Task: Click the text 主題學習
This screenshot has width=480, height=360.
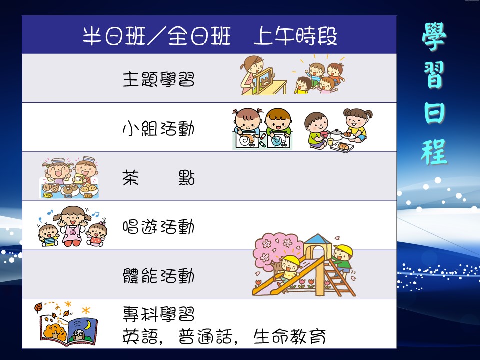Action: [x=158, y=79]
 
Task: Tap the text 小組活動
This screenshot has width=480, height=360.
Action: [x=158, y=128]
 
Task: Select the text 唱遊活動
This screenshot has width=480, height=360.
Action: [x=158, y=227]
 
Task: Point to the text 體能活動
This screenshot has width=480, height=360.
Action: [x=158, y=276]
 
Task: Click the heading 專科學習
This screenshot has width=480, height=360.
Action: [x=158, y=314]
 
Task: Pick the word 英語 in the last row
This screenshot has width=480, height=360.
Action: [x=140, y=336]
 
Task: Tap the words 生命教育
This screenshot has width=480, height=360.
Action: [x=289, y=336]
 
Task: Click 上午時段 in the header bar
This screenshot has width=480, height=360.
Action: [x=295, y=36]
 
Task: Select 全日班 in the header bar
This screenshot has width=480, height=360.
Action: [x=199, y=36]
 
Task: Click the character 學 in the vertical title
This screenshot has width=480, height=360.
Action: [x=434, y=36]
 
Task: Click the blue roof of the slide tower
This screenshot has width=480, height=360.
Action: [x=318, y=239]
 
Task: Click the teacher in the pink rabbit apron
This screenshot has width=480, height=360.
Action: [x=73, y=226]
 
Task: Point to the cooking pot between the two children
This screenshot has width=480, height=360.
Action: [x=336, y=134]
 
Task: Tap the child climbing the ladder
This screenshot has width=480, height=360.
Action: [x=342, y=261]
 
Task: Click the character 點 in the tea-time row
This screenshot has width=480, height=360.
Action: [x=186, y=178]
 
